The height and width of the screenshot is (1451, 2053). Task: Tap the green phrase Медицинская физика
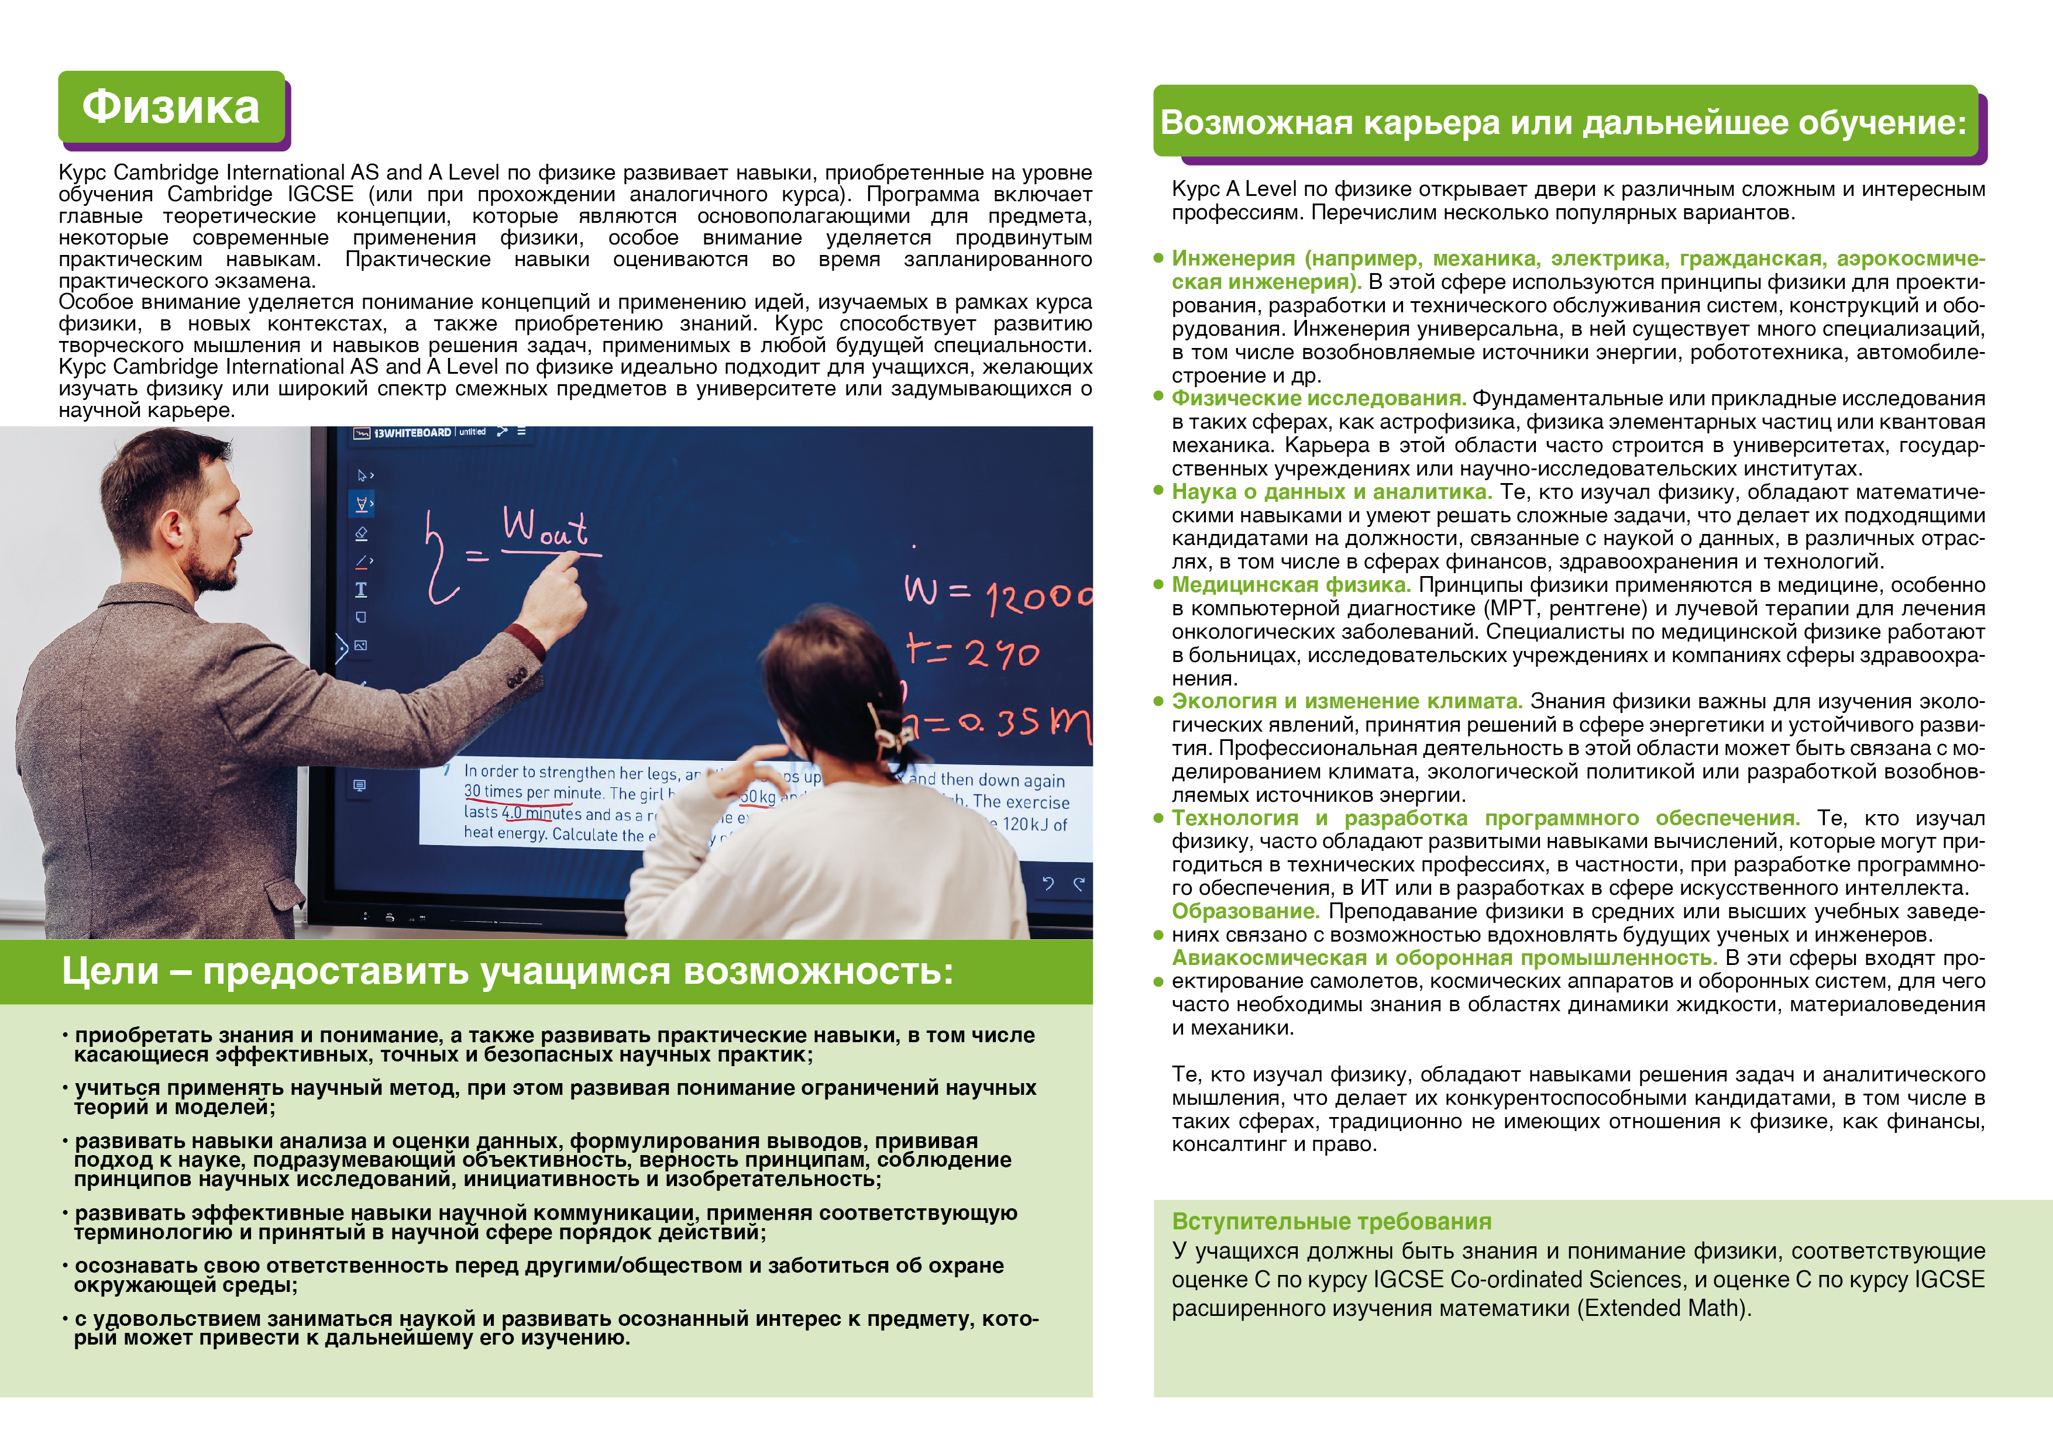pyautogui.click(x=1290, y=585)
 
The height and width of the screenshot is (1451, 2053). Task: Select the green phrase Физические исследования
pyautogui.click(x=1318, y=399)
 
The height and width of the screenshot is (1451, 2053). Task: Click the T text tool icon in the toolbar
pyautogui.click(x=361, y=589)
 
